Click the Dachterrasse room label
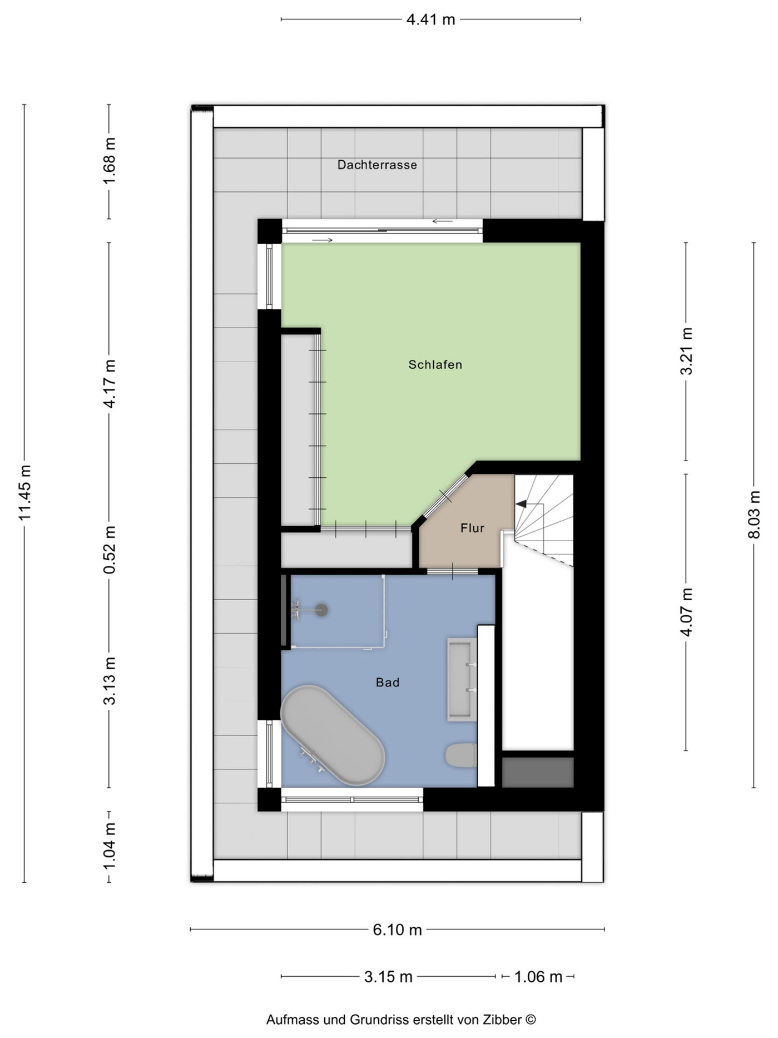(x=377, y=165)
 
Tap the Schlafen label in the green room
(x=435, y=365)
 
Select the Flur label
(x=472, y=528)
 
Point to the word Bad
(x=388, y=683)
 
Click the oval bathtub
(x=333, y=735)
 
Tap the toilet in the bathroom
(x=461, y=755)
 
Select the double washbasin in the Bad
(x=462, y=680)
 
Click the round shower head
(x=321, y=610)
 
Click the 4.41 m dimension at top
(x=431, y=19)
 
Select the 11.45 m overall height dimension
(x=24, y=493)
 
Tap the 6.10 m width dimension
(x=397, y=930)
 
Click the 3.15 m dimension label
(x=388, y=976)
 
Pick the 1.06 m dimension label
(x=538, y=976)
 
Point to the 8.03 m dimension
(x=754, y=515)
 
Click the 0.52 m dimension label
(x=110, y=550)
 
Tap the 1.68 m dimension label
(x=110, y=161)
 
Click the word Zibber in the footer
(x=502, y=1020)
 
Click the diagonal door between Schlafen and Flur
(x=445, y=496)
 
